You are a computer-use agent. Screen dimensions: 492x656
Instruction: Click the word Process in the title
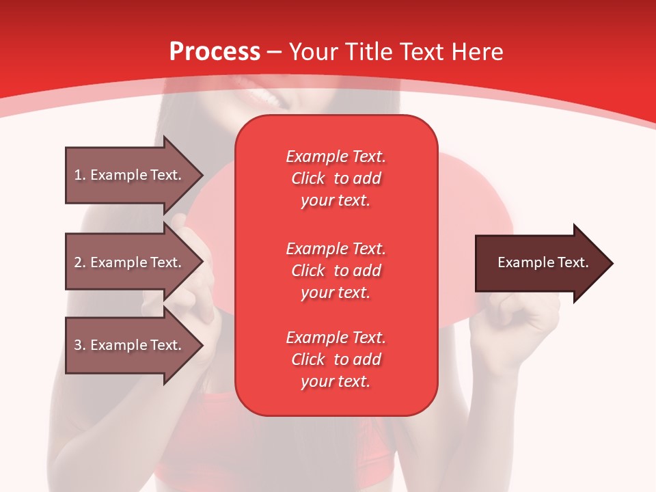(x=215, y=52)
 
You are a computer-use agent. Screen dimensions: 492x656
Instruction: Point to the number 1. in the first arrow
(x=80, y=175)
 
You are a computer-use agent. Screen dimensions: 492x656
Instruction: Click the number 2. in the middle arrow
(x=80, y=262)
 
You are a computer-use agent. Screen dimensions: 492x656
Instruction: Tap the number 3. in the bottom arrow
(x=80, y=345)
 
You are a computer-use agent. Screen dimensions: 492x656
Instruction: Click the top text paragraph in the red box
(x=336, y=178)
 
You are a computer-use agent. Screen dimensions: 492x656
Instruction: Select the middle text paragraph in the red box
(x=336, y=271)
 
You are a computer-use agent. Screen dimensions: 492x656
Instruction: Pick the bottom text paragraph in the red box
(x=336, y=359)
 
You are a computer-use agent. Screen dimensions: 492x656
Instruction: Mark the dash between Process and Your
(x=275, y=53)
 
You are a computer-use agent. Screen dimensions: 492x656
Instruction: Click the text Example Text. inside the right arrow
(x=543, y=262)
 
